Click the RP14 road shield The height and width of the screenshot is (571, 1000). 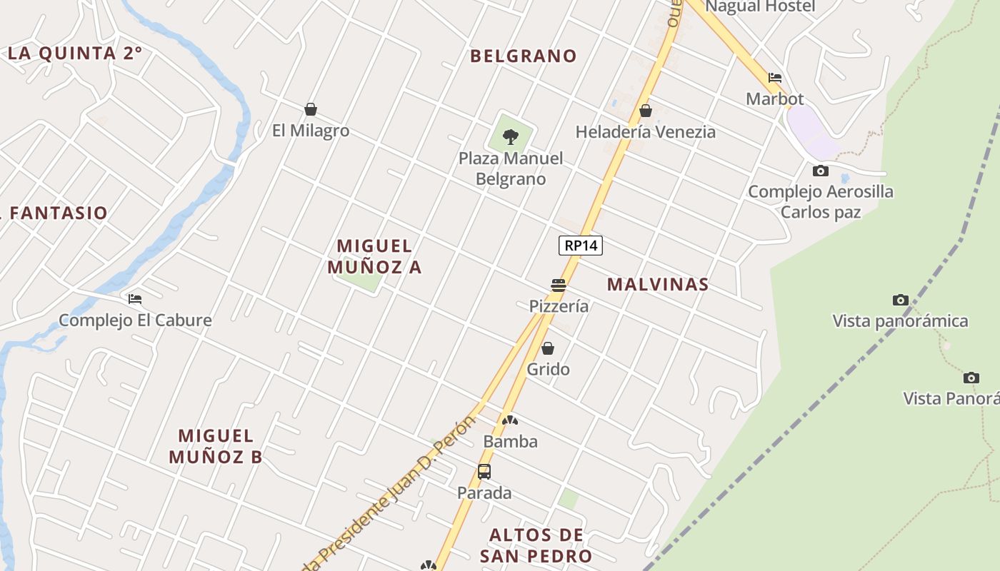pos(581,246)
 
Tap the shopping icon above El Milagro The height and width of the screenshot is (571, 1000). pos(311,109)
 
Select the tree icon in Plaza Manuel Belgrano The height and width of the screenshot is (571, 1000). pos(510,136)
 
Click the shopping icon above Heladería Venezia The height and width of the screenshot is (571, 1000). pos(646,111)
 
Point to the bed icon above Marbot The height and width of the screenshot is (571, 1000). pos(775,78)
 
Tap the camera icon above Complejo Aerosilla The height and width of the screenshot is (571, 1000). pos(821,171)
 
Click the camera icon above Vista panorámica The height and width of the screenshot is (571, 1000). pos(901,300)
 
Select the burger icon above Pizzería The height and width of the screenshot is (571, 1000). pos(559,285)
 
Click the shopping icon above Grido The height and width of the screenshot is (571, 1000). pos(548,348)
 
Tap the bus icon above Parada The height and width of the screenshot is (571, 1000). pos(484,472)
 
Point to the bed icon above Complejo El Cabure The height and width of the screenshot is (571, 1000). pos(135,299)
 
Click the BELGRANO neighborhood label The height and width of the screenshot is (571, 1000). pos(524,56)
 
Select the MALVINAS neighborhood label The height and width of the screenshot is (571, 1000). pos(658,284)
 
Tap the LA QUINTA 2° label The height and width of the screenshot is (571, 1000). pos(75,53)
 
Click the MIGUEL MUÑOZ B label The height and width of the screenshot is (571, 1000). pos(216,446)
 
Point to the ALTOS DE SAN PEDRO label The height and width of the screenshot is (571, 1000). pos(536,545)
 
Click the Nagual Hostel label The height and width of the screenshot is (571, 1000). pos(760,6)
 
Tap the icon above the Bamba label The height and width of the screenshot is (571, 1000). pos(509,420)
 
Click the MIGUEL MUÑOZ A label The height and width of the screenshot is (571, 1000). pos(375,256)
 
